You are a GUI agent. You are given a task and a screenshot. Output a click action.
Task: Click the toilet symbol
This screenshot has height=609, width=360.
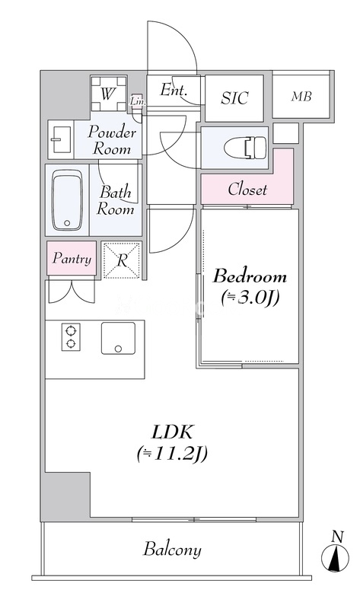245,148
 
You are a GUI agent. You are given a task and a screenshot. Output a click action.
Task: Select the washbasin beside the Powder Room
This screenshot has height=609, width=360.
61,139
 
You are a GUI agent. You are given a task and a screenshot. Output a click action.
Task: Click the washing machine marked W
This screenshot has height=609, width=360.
109,94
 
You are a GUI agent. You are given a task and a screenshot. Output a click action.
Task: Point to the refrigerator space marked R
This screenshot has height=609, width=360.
122,260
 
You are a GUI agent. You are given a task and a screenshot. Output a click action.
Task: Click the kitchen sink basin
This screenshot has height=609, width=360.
119,338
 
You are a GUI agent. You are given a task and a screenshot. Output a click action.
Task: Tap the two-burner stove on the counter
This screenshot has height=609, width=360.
71,337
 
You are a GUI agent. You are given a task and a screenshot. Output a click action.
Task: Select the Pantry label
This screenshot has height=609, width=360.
72,259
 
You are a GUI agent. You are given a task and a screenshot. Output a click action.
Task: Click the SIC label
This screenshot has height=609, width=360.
234,98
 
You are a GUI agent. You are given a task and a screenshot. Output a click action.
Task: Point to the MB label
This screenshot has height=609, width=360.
301,97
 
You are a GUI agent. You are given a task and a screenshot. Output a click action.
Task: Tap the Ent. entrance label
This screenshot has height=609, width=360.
174,91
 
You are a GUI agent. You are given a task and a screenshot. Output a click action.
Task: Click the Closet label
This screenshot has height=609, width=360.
247,190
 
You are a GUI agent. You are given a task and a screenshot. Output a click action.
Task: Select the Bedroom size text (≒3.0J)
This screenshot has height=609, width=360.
250,298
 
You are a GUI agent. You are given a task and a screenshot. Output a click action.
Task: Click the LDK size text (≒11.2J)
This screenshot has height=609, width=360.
172,453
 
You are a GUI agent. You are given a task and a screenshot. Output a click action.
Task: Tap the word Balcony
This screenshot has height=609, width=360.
173,550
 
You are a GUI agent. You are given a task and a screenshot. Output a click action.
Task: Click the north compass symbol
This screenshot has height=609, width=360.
335,559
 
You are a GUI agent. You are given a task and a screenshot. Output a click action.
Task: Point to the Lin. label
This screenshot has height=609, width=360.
138,102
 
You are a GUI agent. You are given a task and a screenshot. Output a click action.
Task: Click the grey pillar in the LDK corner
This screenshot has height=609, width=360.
66,494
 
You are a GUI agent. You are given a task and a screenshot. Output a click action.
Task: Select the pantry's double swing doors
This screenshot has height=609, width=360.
72,291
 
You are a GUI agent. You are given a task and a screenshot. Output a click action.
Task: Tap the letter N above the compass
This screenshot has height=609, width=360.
337,537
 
